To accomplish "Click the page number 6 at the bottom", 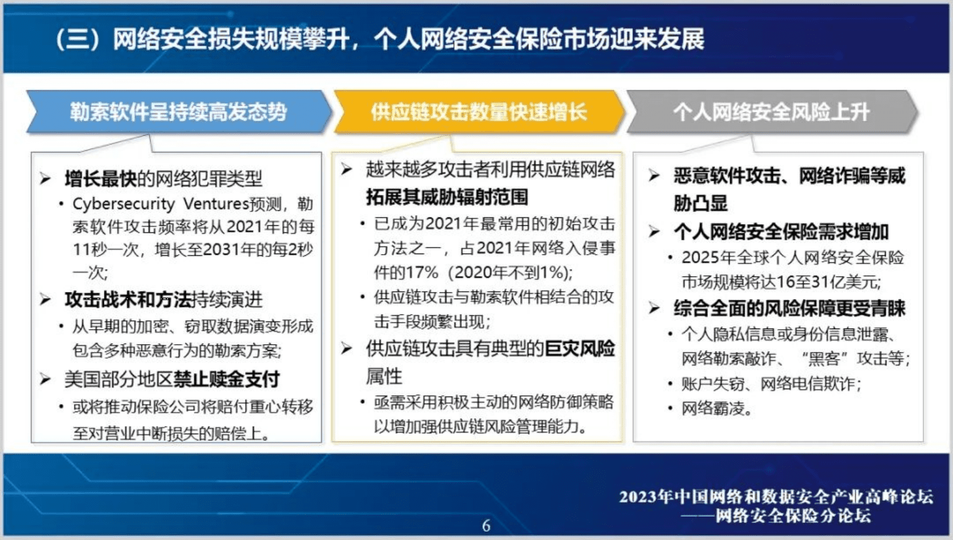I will (486, 526).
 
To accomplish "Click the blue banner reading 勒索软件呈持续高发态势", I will (178, 112).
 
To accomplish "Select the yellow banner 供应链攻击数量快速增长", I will (479, 112).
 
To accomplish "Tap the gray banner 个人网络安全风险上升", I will (771, 112).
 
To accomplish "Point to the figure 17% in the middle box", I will (422, 273).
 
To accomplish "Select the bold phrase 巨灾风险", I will (579, 348).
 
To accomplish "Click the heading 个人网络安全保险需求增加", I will (781, 231).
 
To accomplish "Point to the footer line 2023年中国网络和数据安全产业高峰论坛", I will (776, 497).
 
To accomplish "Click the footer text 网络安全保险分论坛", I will (793, 515).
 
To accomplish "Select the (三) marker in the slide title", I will (77, 40).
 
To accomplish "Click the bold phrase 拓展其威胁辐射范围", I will (447, 196).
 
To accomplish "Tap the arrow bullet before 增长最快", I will (46, 178).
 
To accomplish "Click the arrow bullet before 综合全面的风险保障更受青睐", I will (654, 308).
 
